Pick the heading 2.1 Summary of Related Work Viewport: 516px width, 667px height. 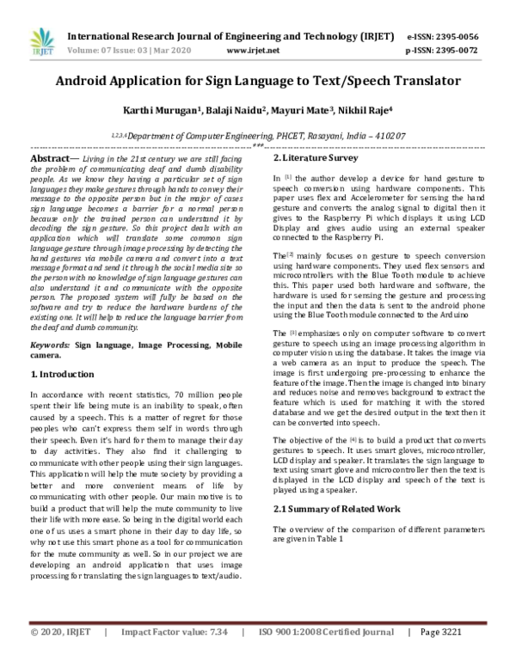(x=331, y=509)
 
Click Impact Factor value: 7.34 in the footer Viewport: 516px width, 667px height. (x=175, y=656)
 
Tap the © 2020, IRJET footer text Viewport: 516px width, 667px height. (x=59, y=656)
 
